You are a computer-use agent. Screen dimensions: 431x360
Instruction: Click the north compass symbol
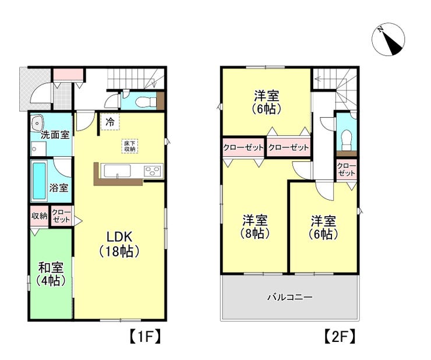(388, 40)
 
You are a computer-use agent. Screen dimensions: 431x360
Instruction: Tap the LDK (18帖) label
(119, 244)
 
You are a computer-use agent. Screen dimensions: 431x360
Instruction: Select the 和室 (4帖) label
(51, 274)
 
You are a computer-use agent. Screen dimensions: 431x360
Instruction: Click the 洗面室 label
(55, 135)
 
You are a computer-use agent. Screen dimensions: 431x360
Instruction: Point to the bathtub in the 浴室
(39, 181)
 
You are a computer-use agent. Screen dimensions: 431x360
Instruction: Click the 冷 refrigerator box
(110, 122)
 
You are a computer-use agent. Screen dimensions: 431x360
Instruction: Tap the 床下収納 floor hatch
(130, 146)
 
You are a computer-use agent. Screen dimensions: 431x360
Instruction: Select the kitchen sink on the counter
(118, 171)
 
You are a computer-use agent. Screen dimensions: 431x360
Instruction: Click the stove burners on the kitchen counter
(152, 171)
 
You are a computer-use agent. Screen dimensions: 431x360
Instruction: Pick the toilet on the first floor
(143, 102)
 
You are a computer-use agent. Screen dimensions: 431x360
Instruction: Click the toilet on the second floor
(346, 137)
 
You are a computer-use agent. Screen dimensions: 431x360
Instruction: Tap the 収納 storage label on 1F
(39, 216)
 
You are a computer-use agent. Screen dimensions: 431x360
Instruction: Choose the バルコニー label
(290, 297)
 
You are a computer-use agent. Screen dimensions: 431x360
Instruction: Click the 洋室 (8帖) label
(255, 227)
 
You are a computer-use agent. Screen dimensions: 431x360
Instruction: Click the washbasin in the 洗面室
(38, 122)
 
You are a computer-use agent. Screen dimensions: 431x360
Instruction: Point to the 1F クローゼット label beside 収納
(62, 216)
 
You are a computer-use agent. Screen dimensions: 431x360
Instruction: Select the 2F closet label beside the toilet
(347, 170)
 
